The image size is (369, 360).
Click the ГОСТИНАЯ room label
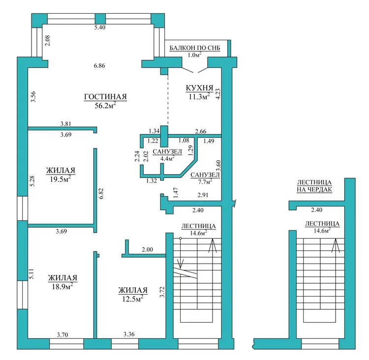coord(105,97)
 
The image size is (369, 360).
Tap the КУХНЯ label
coord(200,88)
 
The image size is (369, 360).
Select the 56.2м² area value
coord(105,105)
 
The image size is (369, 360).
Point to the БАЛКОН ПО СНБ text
coord(195,48)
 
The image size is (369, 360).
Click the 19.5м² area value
coord(61,179)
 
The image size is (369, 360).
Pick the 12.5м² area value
coord(133,299)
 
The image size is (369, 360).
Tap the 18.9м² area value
coord(62,286)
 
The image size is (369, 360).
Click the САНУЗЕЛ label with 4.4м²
coord(167,152)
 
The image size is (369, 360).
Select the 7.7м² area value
coord(205,181)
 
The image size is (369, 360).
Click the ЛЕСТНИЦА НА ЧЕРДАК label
coord(314,186)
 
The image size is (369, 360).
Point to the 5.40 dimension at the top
coord(100,27)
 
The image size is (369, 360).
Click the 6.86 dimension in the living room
coord(99,65)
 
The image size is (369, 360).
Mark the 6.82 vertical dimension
coord(101,193)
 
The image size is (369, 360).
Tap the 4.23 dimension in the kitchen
coord(218,93)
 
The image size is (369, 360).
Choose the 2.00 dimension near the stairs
coord(147,250)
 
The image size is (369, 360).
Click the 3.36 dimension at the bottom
coord(129,334)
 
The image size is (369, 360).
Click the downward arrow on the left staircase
coord(181,254)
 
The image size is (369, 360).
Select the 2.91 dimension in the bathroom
coord(203,195)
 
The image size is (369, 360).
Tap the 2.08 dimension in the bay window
coord(48,40)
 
